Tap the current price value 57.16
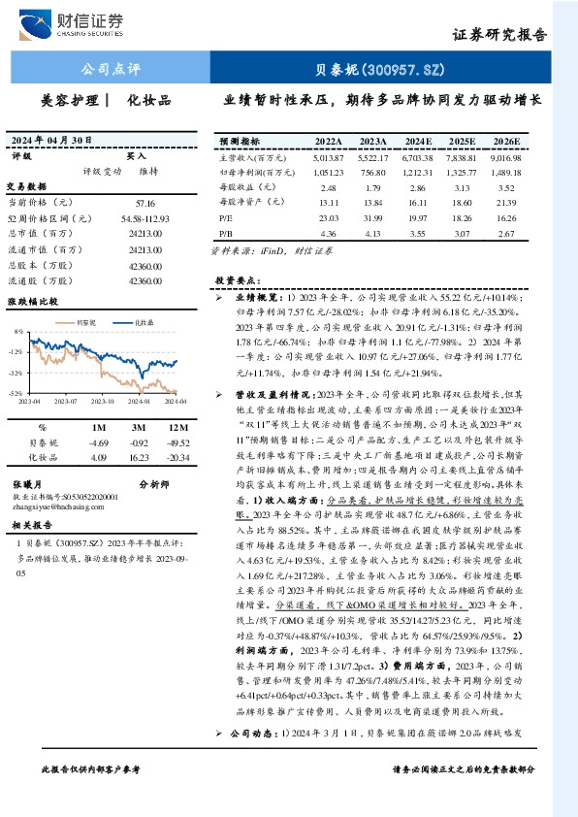tap(145, 203)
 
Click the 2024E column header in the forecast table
tap(418, 140)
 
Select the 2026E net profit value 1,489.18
tap(506, 171)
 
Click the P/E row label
tap(226, 219)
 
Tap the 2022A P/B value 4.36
tap(328, 234)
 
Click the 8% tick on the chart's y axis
tap(18, 331)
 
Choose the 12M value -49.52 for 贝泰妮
tap(176, 441)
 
